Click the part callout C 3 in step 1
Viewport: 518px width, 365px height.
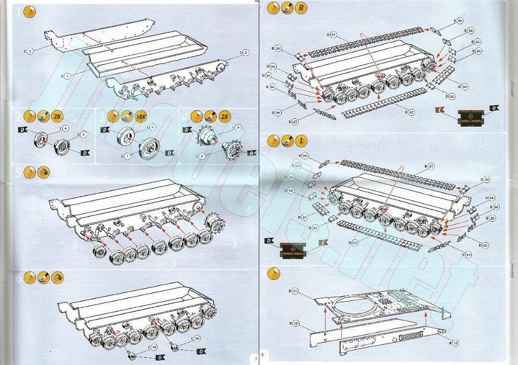[29, 51]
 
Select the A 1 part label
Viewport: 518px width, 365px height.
[66, 75]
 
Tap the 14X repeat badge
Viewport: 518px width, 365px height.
[140, 117]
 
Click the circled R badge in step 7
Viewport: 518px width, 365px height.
[301, 8]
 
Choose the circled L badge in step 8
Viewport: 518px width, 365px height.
[301, 140]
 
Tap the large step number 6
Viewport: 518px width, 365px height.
[19, 278]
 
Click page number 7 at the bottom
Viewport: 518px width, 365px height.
[254, 358]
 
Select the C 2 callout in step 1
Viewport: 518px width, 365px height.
[245, 52]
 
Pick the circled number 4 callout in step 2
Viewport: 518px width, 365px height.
[65, 128]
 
